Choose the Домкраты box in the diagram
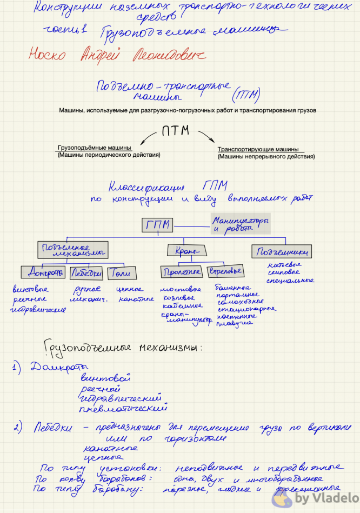(44, 272)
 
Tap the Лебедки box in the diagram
(86, 272)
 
